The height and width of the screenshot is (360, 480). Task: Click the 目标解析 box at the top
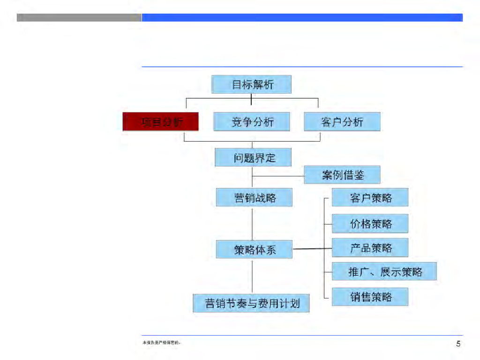251,85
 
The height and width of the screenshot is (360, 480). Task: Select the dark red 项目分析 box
161,122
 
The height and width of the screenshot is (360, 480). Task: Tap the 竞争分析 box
252,122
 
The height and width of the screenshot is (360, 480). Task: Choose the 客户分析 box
342,122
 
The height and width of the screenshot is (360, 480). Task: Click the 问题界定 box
253,157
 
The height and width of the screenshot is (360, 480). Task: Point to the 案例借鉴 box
342,175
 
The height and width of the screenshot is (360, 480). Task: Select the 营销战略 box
254,197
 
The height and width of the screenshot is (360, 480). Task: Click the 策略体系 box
254,249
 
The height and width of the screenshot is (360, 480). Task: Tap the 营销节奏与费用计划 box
252,303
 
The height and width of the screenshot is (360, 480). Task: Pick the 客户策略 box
370,197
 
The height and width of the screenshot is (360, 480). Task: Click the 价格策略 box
370,224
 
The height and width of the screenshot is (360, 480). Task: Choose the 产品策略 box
370,247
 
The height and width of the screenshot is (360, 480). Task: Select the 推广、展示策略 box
384,271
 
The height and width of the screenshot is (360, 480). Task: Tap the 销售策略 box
370,297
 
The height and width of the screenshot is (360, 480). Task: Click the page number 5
458,344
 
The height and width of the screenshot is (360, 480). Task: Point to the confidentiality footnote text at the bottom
162,343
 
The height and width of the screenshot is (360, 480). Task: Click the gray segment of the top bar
79,17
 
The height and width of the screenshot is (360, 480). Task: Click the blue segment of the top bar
302,17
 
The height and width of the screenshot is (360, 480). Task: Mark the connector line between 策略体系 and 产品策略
312,249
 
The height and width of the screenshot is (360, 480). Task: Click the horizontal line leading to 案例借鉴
278,176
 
